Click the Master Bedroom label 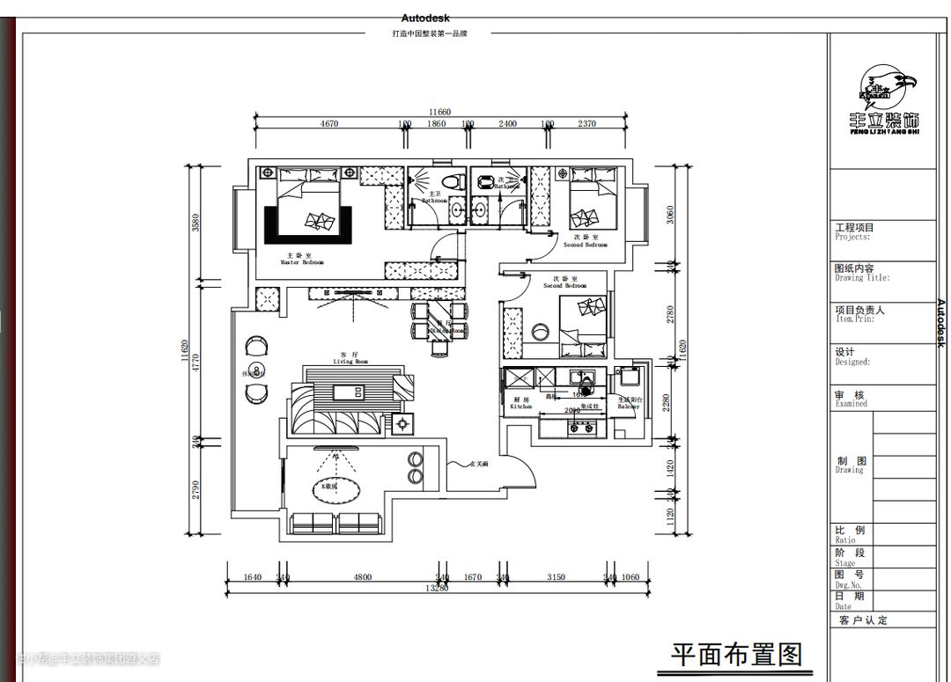coord(302,258)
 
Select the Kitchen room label coord(520,403)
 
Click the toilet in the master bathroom coord(453,182)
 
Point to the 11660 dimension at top coord(439,112)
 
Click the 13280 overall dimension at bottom coord(437,588)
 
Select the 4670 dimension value coord(329,124)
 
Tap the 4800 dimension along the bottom coord(363,577)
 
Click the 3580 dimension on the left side coord(196,223)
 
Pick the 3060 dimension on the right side coord(670,214)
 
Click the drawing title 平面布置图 coord(737,655)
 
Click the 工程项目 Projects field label coord(854,231)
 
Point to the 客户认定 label coord(863,620)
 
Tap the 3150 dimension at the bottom coord(557,577)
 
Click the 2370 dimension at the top coord(587,124)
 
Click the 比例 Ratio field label coord(850,534)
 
